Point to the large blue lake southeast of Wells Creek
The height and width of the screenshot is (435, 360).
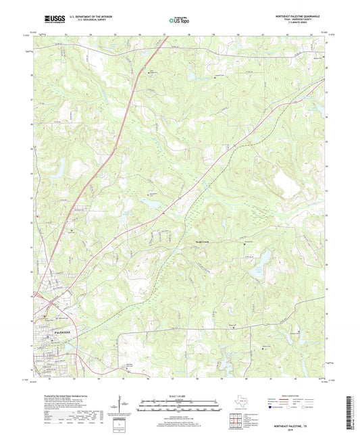(x=257, y=274)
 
